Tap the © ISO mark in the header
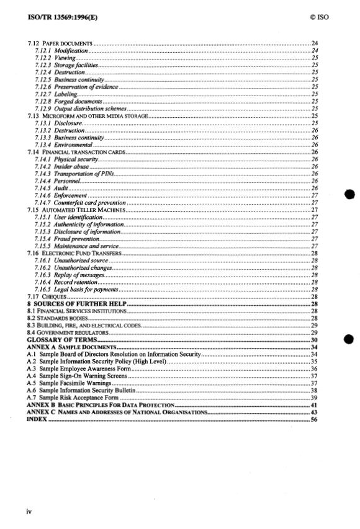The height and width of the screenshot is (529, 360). [x=317, y=17]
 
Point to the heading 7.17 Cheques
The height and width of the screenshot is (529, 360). [x=47, y=298]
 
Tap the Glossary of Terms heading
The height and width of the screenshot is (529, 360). [x=61, y=340]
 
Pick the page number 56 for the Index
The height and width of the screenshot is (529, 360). [x=314, y=420]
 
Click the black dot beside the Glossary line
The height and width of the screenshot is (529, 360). [x=348, y=340]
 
